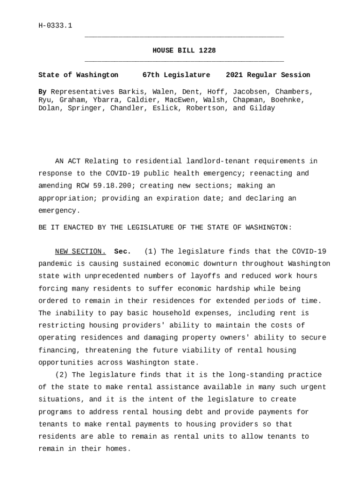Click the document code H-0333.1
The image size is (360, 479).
[55, 26]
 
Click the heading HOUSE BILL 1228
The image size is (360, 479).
[184, 51]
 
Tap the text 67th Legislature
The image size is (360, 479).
[176, 75]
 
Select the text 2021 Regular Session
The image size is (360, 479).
[267, 75]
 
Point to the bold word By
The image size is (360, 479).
[42, 92]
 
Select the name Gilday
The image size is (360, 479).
[262, 109]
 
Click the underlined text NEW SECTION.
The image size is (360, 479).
[80, 252]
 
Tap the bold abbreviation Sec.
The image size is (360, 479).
[122, 252]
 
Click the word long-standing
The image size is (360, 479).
[251, 375]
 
